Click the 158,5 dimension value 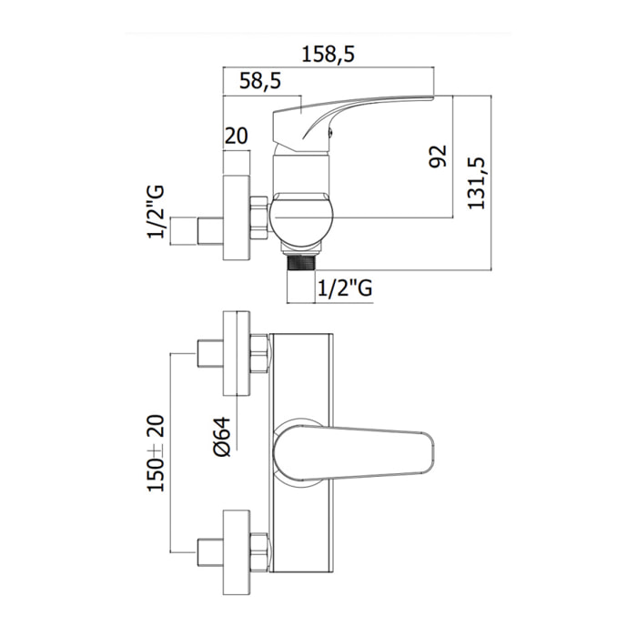329,55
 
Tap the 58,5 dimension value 260,81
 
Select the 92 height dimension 438,156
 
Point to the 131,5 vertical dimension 476,183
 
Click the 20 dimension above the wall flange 236,136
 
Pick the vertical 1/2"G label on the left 156,211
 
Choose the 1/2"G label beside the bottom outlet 345,288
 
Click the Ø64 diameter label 222,437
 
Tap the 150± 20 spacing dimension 156,453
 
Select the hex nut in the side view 259,217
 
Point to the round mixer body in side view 301,220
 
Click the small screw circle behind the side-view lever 329,130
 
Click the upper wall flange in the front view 237,353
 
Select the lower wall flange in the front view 237,552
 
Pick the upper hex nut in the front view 258,353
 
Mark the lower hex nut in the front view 258,552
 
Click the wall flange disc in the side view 237,217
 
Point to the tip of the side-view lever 433,97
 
